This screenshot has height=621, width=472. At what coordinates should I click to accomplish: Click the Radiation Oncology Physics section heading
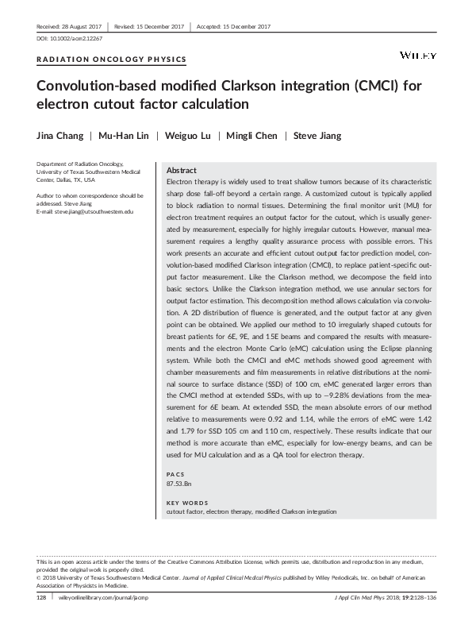112,60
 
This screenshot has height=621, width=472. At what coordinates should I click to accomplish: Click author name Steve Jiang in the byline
317,135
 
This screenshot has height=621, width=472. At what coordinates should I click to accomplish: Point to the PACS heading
175,473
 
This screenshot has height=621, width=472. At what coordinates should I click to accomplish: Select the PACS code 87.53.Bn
179,483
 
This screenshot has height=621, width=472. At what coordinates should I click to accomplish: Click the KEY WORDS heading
186,503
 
